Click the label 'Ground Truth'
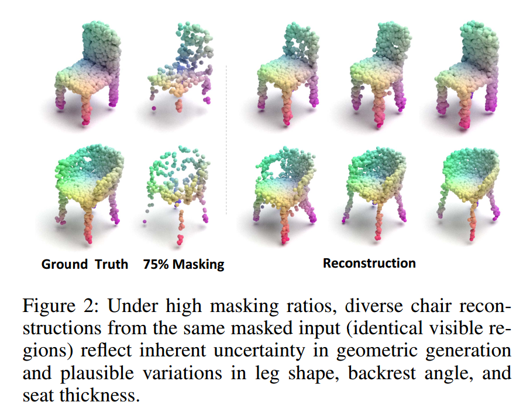click(84, 264)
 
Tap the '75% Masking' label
click(184, 264)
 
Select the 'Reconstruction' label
click(369, 263)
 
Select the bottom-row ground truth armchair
click(88, 187)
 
